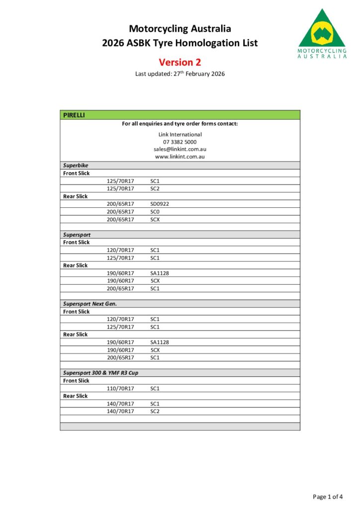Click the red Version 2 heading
click(x=180, y=62)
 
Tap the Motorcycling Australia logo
click(x=322, y=34)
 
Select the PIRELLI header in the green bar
click(x=74, y=115)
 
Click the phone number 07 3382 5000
click(x=180, y=142)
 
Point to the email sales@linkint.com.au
click(x=180, y=149)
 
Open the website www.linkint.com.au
click(x=180, y=157)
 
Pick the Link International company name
click(x=180, y=134)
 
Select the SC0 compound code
click(x=155, y=212)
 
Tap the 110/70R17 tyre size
click(x=120, y=388)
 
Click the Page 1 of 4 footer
click(x=328, y=496)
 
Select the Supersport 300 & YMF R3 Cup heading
click(x=100, y=373)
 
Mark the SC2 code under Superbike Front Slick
click(x=155, y=189)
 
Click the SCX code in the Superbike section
click(x=155, y=219)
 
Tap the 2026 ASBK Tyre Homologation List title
click(x=180, y=43)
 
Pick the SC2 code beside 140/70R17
click(x=155, y=412)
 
